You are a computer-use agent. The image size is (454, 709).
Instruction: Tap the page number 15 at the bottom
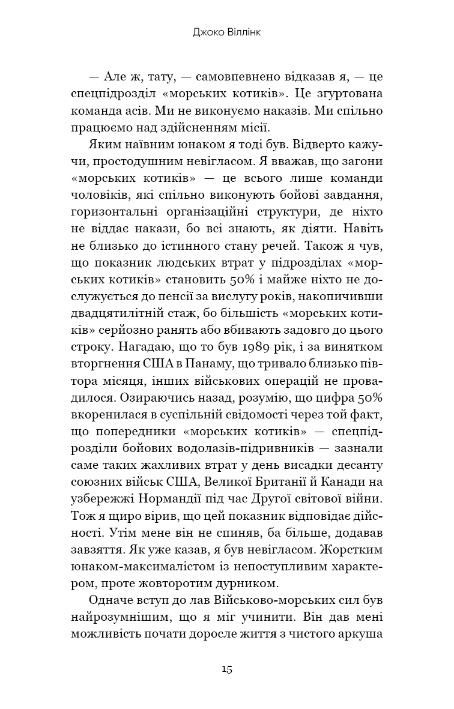[x=226, y=669]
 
